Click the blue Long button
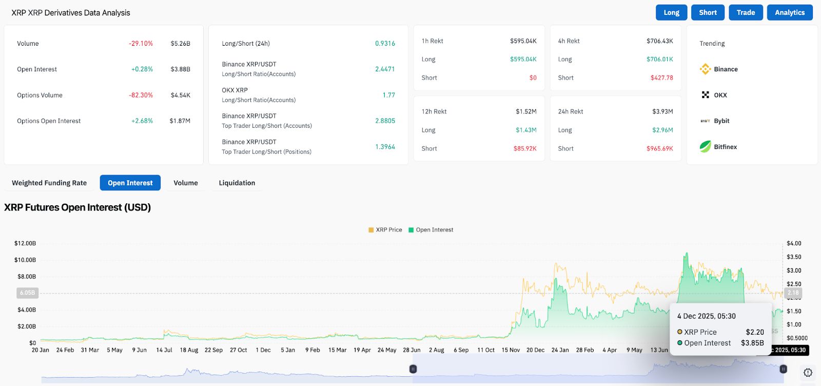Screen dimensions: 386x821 tap(671, 13)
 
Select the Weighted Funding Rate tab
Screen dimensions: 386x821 tap(49, 183)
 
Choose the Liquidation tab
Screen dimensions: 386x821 tap(237, 183)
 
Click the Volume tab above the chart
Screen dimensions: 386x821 tap(185, 183)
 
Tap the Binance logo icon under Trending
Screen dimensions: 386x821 tap(706, 69)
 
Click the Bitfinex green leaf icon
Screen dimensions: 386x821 tap(706, 146)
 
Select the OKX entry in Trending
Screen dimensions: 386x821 tap(720, 95)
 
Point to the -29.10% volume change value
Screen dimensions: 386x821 tap(141, 44)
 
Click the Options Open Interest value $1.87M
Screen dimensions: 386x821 tap(180, 121)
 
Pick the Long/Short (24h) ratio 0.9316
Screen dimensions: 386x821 tap(385, 44)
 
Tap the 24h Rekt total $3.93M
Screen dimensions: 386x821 tap(662, 111)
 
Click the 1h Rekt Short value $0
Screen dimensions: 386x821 tap(533, 78)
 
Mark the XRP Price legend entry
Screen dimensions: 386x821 tap(385, 230)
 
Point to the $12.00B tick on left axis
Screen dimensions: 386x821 tap(25, 243)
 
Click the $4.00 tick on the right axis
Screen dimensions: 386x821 tap(794, 243)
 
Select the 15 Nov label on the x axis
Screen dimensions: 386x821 tap(511, 350)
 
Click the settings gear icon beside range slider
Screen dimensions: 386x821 tap(808, 373)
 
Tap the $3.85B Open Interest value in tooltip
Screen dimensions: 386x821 tap(752, 343)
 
